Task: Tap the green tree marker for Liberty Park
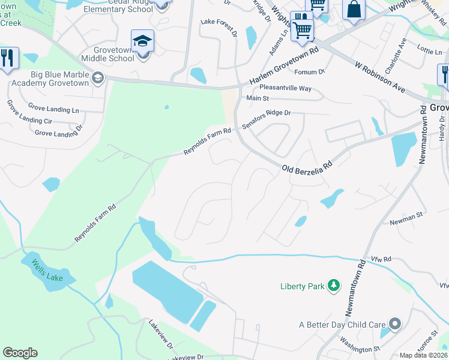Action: click(334, 286)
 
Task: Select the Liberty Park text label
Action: click(303, 286)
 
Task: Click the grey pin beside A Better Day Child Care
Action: click(394, 325)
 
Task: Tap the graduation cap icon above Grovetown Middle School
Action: click(143, 41)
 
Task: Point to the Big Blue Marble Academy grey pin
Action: click(98, 77)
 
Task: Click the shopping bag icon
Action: click(354, 9)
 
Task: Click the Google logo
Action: click(20, 353)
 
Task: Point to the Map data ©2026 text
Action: click(423, 355)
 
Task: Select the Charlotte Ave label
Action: click(396, 56)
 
